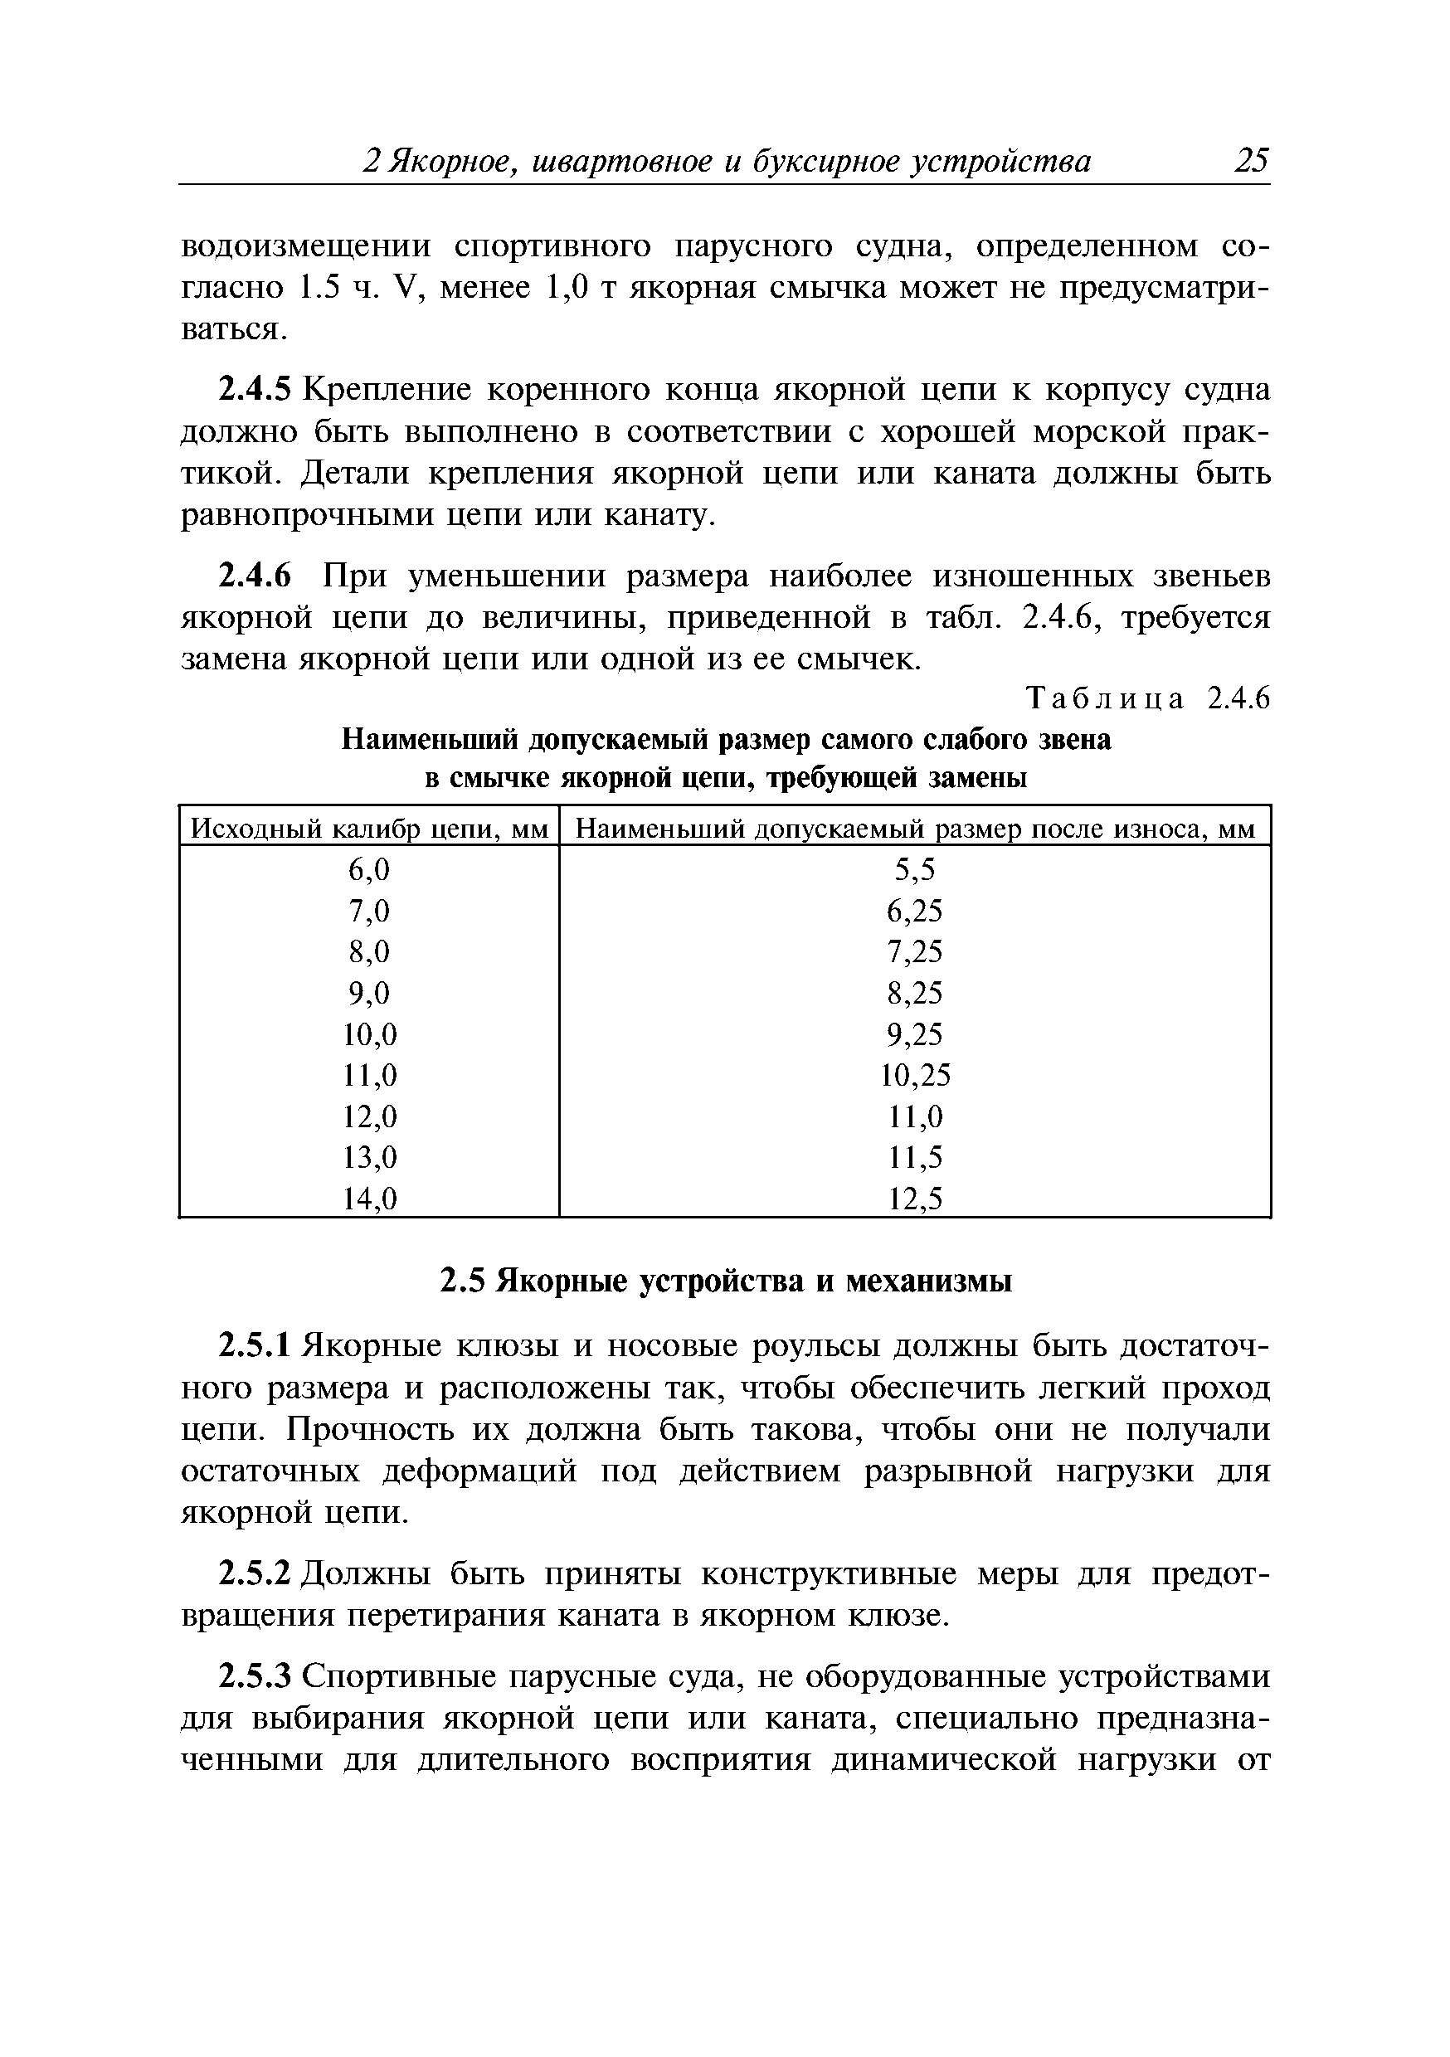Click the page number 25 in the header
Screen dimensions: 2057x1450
pos(1251,161)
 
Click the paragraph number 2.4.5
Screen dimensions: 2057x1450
pos(255,390)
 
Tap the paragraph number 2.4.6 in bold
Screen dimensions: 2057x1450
pos(255,576)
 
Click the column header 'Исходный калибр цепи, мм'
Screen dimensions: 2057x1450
pos(369,829)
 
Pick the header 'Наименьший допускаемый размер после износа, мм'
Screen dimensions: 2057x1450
pos(914,829)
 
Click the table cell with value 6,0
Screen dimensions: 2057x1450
pos(369,869)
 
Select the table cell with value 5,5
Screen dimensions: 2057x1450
pos(915,869)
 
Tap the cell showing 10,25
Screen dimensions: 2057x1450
pos(915,1074)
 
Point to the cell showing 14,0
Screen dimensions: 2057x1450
pos(369,1199)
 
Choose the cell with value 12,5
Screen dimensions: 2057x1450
pos(915,1199)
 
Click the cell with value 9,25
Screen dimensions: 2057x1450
pos(915,1033)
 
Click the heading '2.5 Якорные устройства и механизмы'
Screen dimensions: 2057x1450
pos(725,1281)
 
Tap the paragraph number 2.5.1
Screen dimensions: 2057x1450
pos(255,1345)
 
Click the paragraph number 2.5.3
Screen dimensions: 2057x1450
pos(255,1675)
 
